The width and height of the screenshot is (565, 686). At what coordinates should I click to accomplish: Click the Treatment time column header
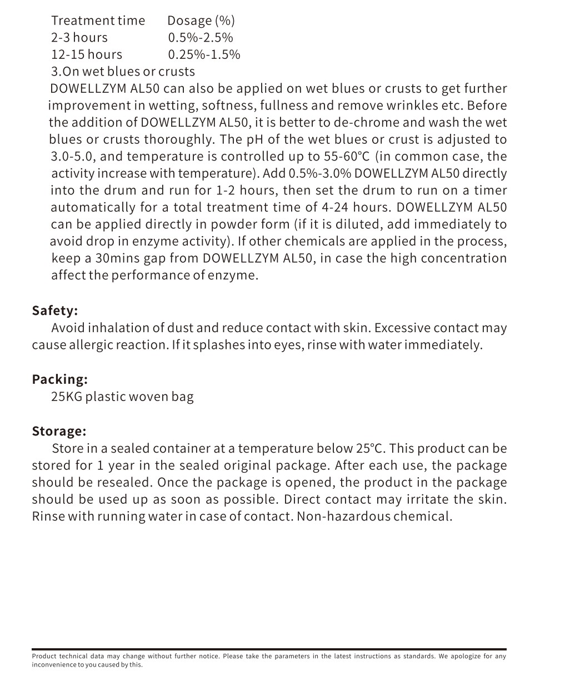click(98, 21)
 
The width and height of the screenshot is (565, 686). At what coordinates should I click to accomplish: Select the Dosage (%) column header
click(201, 21)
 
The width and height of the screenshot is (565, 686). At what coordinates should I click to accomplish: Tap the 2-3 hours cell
click(79, 38)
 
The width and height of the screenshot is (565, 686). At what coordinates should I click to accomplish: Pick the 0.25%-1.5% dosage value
click(204, 54)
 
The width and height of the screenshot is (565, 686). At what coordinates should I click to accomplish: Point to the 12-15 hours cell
click(87, 54)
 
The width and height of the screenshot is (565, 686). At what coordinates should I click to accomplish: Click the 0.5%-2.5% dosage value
click(201, 38)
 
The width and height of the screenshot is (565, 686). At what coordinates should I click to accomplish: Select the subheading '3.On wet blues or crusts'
click(123, 72)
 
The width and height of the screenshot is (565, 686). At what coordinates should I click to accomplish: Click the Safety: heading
click(55, 311)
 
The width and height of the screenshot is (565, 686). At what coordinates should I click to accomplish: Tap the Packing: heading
click(59, 379)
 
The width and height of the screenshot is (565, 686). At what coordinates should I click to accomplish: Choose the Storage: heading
click(59, 432)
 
